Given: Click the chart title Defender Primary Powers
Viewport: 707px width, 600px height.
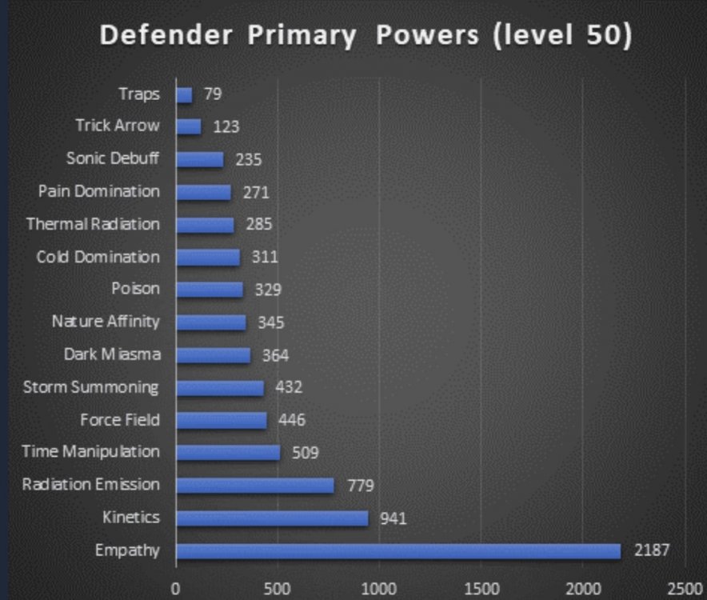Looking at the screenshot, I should click(365, 37).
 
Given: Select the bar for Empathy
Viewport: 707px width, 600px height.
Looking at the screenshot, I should click(397, 550).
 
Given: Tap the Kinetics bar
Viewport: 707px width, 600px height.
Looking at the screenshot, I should click(272, 518).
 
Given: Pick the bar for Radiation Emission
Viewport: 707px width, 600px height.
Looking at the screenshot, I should click(254, 486).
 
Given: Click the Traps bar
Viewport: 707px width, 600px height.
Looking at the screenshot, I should click(184, 94).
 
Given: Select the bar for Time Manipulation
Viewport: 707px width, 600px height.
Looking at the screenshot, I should click(228, 453).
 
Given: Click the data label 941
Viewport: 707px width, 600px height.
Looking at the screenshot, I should click(393, 518).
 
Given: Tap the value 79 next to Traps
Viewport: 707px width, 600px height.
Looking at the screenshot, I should click(211, 94).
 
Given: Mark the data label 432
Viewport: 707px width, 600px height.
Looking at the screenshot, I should click(288, 388).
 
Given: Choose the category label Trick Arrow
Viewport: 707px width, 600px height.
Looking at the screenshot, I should click(118, 126).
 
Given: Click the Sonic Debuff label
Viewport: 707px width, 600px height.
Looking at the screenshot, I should click(113, 158).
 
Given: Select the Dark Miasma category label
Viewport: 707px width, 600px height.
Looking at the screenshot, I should click(112, 354).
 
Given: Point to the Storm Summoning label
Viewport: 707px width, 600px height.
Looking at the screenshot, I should click(91, 388).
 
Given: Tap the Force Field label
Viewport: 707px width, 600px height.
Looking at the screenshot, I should click(120, 420).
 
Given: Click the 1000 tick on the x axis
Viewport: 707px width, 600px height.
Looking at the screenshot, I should click(379, 589).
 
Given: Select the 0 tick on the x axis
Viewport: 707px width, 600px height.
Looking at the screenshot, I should click(175, 589).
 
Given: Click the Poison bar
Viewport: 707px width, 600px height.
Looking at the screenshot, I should click(210, 290).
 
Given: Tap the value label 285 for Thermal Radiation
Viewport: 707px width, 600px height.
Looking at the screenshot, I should click(259, 225).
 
